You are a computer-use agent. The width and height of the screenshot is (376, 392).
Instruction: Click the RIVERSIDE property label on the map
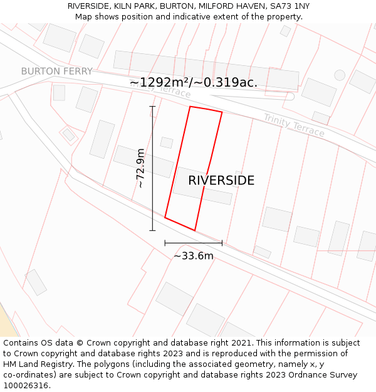pyautogui.click(x=221, y=181)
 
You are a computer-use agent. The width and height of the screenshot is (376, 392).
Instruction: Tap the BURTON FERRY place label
pyautogui.click(x=56, y=72)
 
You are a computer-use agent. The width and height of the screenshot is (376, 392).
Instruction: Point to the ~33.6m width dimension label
pyautogui.click(x=193, y=256)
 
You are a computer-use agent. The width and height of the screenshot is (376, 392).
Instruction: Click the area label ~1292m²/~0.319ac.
pyautogui.click(x=193, y=83)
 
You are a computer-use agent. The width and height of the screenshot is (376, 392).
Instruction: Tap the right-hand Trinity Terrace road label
pyautogui.click(x=294, y=125)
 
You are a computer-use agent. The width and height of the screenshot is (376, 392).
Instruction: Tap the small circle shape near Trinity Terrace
pyautogui.click(x=340, y=75)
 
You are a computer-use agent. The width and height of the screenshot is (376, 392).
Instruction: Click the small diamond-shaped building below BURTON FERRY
pyautogui.click(x=69, y=134)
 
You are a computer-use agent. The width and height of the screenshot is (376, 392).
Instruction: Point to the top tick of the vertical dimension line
pyautogui.click(x=152, y=107)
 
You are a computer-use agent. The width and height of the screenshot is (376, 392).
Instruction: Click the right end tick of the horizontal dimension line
pyautogui.click(x=222, y=243)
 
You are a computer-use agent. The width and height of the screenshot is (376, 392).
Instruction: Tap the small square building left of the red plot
pyautogui.click(x=166, y=142)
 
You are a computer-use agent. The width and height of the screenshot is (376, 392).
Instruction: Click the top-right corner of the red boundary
pyautogui.click(x=222, y=112)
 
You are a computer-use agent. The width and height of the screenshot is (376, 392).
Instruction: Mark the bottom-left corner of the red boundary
pyautogui.click(x=165, y=218)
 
